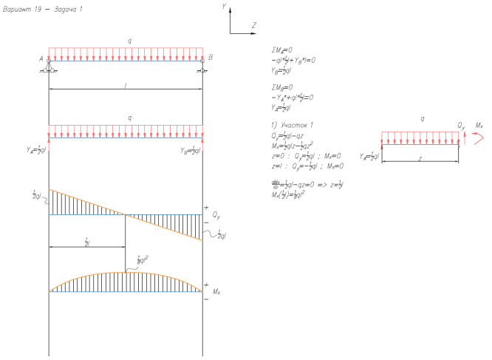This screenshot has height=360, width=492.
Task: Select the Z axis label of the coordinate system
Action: pos(254,25)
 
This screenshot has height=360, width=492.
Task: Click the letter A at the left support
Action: pos(42,58)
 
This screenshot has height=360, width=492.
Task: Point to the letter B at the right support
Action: pos(211,58)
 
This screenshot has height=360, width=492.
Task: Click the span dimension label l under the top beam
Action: pos(126,86)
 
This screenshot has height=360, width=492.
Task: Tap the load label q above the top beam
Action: pos(130,41)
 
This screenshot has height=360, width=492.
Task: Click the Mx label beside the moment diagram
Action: pos(216,293)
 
